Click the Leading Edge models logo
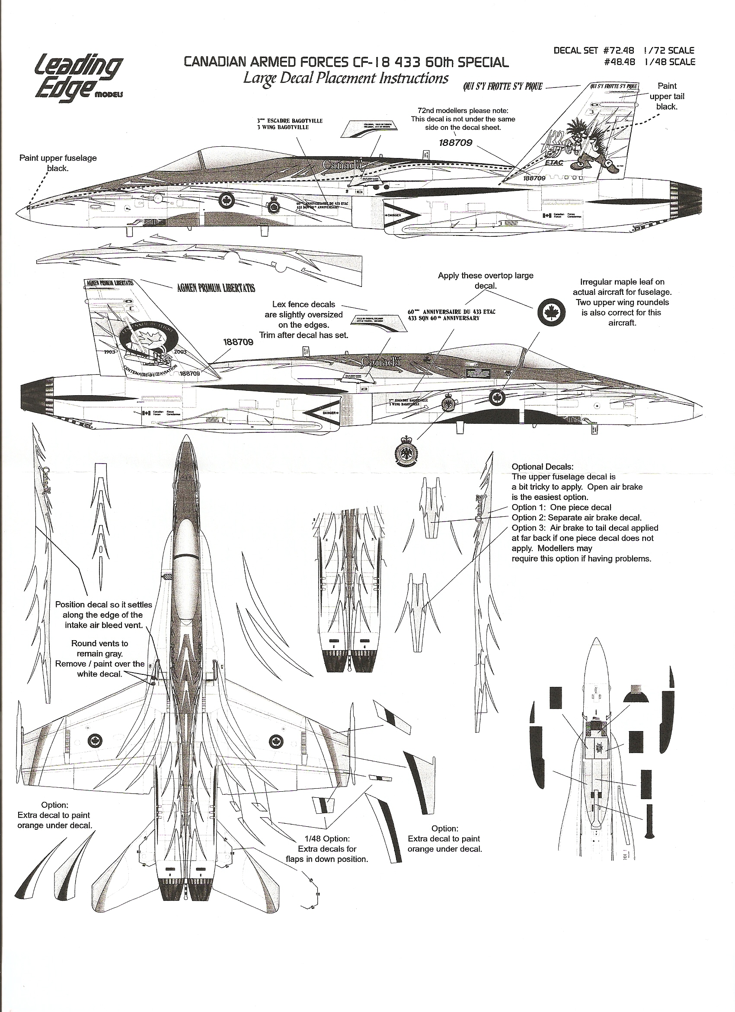tap(77, 76)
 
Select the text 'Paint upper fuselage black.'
tap(58, 163)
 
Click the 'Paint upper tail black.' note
tap(666, 97)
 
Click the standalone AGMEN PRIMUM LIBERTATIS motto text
tap(216, 288)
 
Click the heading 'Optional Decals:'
tap(543, 467)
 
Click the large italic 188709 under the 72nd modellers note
tap(455, 143)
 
